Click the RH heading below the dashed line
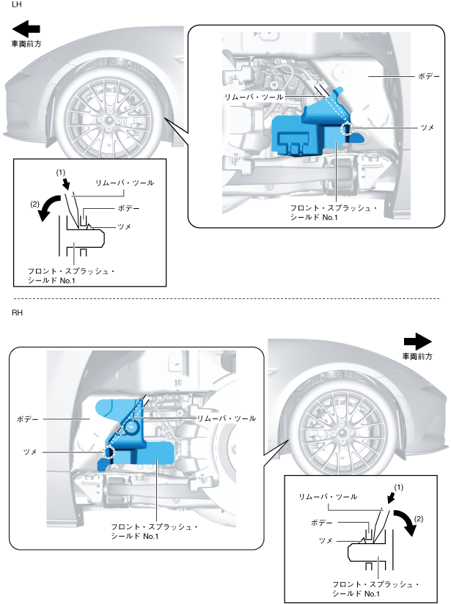pyautogui.click(x=18, y=313)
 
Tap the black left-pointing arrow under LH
pyautogui.click(x=26, y=29)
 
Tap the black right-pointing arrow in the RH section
pyautogui.click(x=419, y=341)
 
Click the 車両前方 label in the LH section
pyautogui.click(x=26, y=44)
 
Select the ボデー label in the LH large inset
pyautogui.click(x=429, y=75)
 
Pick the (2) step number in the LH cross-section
pyautogui.click(x=36, y=205)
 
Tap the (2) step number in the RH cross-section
pyautogui.click(x=419, y=519)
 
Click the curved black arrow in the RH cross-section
pyautogui.click(x=404, y=523)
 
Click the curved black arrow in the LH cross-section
pyautogui.click(x=51, y=207)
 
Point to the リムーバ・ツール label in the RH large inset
pyautogui.click(x=227, y=419)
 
